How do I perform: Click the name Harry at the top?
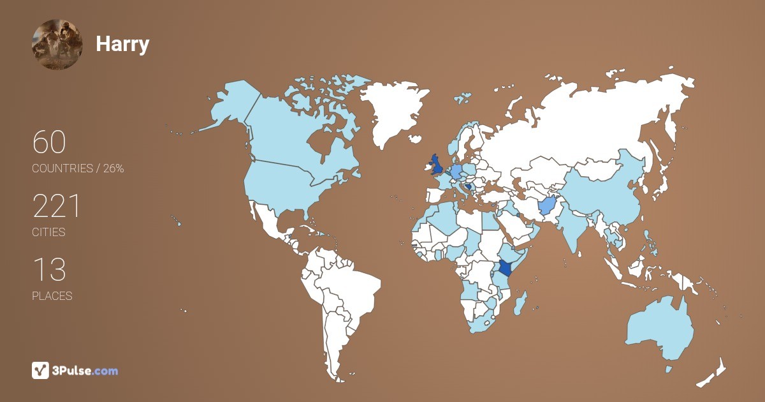point(122,44)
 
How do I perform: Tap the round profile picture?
point(57,44)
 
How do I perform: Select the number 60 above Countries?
point(49,142)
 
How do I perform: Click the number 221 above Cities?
point(57,207)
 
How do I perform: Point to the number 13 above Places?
point(49,270)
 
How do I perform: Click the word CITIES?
point(48,232)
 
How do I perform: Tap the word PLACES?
point(52,296)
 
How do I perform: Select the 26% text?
point(112,168)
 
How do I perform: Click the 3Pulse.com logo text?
point(86,370)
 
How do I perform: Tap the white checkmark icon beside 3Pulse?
point(41,370)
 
